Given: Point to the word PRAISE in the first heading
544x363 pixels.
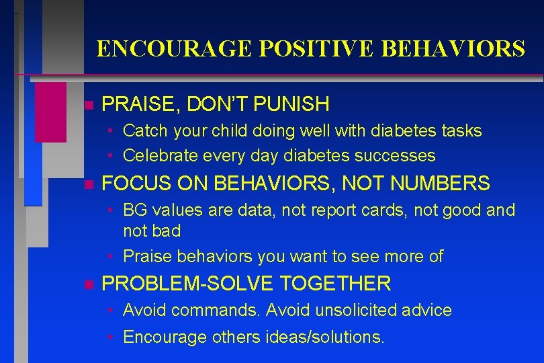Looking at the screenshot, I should pyautogui.click(x=135, y=104).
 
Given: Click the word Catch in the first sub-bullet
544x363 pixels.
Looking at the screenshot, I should pyautogui.click(x=144, y=131).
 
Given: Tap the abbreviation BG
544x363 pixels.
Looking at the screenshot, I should pyautogui.click(x=134, y=210).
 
